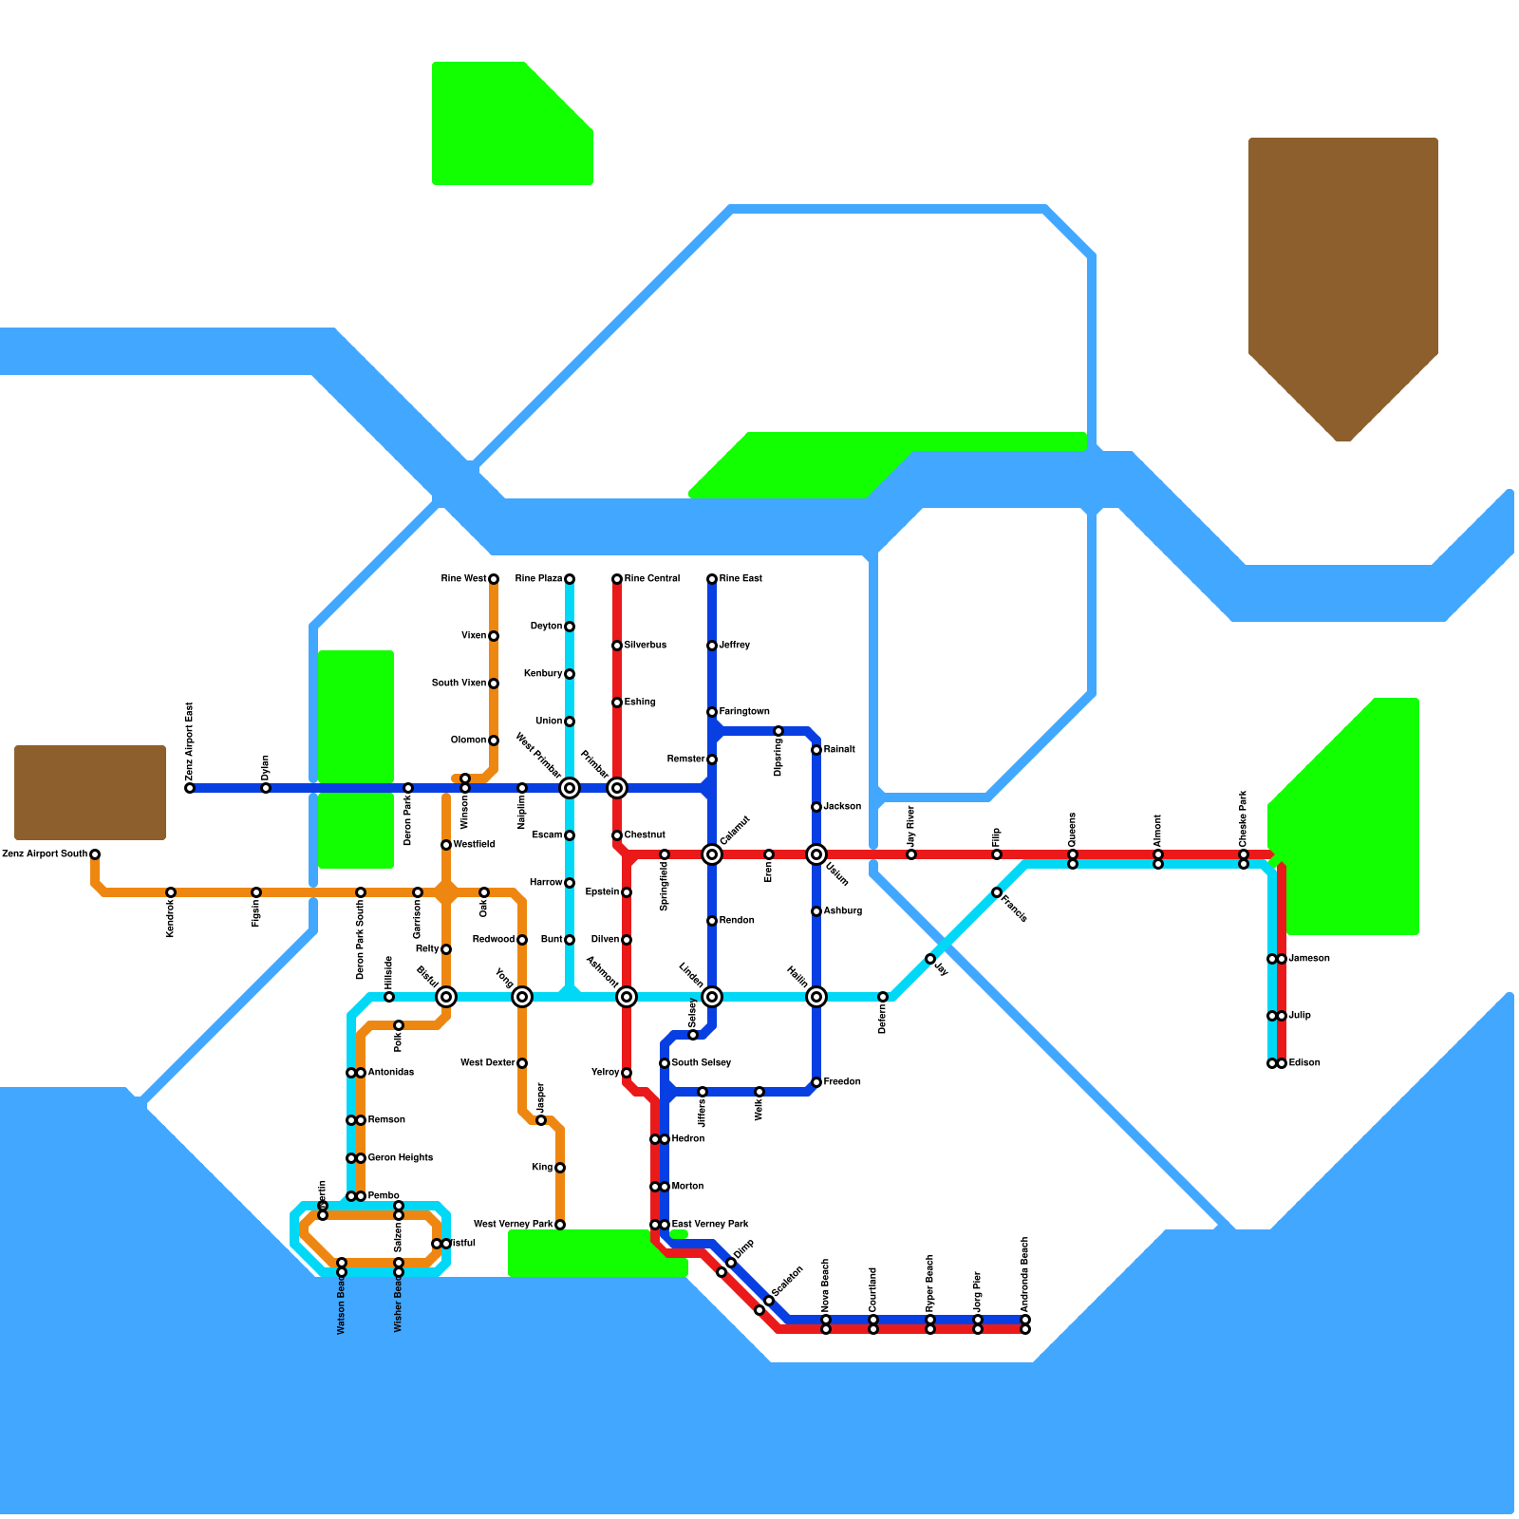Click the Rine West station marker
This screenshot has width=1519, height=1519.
(x=494, y=579)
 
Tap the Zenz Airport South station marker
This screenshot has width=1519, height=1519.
(x=95, y=854)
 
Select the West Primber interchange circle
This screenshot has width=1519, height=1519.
(x=570, y=788)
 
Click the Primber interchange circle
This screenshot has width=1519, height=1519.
(x=617, y=788)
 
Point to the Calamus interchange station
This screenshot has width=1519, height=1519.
(x=712, y=854)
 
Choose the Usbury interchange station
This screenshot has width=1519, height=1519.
(x=816, y=854)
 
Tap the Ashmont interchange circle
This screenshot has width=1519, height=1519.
(x=627, y=997)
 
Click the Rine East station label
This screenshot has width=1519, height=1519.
(x=741, y=579)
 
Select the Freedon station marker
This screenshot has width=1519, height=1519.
(x=816, y=1082)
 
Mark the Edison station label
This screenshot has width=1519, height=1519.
(x=1304, y=1063)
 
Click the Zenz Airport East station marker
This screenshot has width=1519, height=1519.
(x=190, y=788)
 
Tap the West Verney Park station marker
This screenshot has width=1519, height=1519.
(x=560, y=1225)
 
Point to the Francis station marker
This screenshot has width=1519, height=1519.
(x=997, y=892)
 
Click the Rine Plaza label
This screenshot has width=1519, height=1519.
(x=538, y=579)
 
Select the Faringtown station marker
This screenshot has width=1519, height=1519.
(x=712, y=712)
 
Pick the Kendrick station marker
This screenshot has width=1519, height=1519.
(x=171, y=892)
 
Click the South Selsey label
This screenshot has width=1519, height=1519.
(x=702, y=1063)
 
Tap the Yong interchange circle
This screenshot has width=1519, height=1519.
(x=522, y=997)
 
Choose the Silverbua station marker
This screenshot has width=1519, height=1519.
(x=617, y=646)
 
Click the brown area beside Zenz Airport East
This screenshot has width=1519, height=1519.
(x=90, y=793)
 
